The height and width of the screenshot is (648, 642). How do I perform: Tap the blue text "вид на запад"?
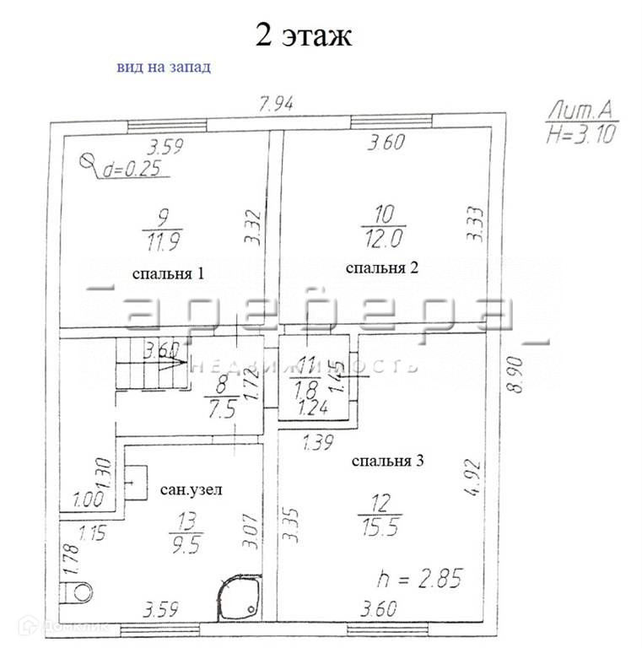163,67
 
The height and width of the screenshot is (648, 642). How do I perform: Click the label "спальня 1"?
169,274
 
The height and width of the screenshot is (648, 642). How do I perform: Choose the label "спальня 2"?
382,267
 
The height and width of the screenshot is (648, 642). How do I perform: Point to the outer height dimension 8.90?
517,373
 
